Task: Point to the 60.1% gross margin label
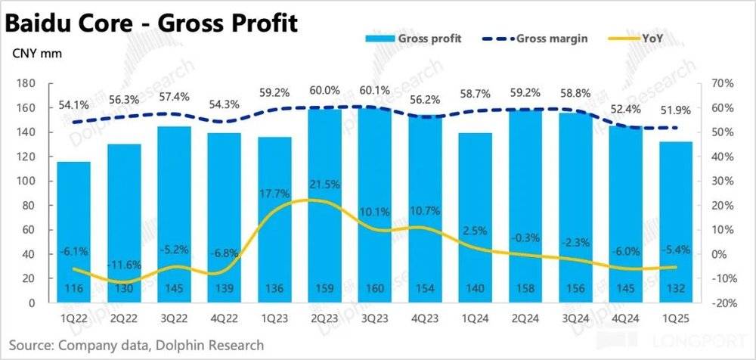pos(374,92)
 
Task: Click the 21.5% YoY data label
pos(324,185)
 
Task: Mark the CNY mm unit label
pos(36,54)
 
